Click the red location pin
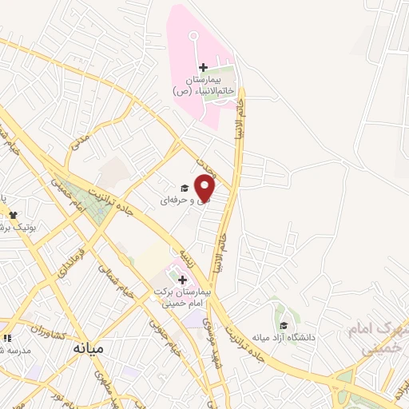(205, 188)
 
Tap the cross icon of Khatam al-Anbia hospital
(203, 67)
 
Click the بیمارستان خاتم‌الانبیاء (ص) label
(204, 86)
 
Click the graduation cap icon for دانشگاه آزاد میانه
(284, 325)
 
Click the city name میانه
(88, 348)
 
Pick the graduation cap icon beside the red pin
(185, 189)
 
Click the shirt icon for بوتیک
(13, 215)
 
